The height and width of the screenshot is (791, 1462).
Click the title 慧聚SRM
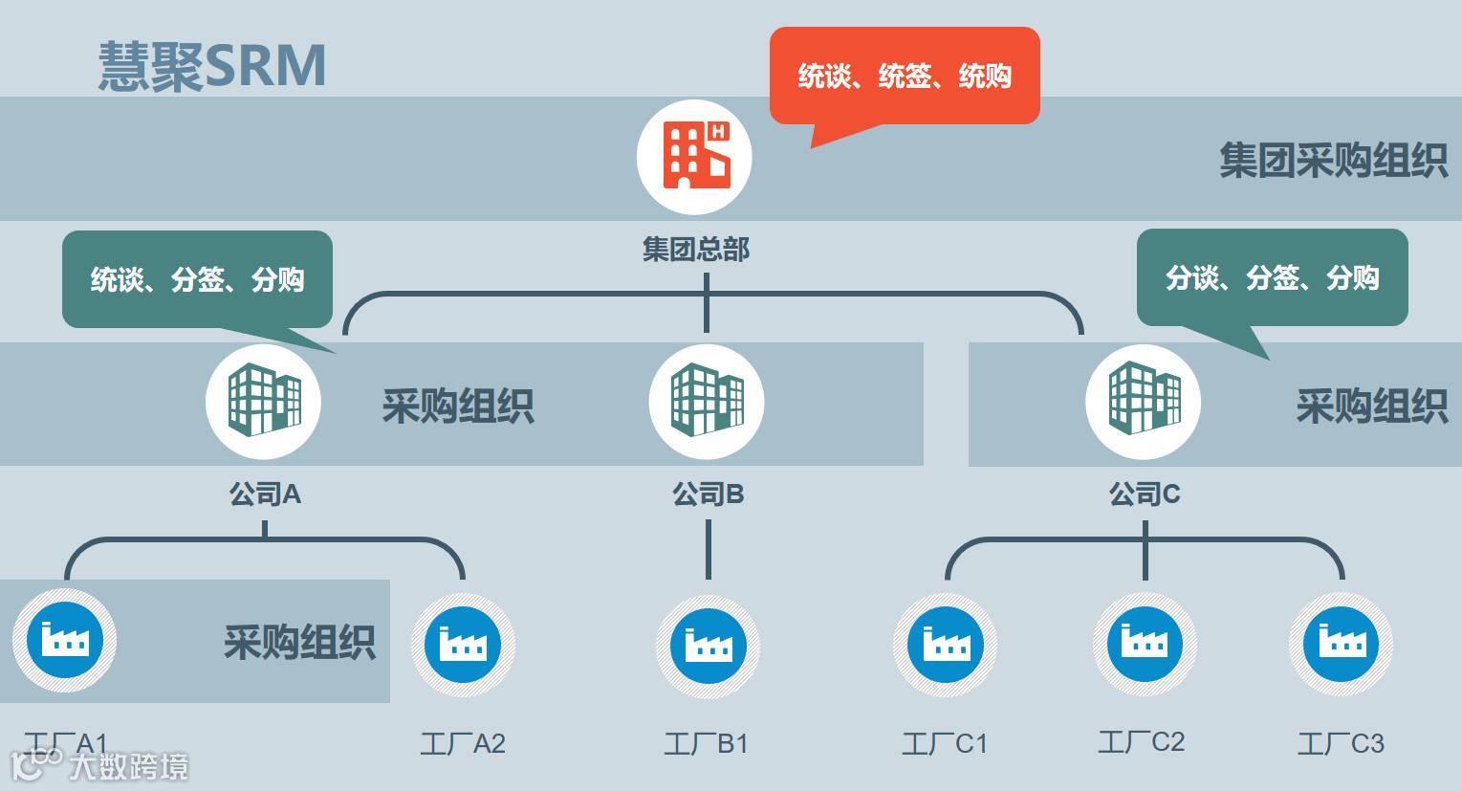pos(212,65)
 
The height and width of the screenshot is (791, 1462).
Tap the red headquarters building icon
pos(694,157)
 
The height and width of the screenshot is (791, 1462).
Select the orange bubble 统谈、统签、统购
pos(904,76)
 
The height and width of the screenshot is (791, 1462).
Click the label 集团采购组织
pos(1333,160)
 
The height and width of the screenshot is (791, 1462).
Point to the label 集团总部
pos(695,250)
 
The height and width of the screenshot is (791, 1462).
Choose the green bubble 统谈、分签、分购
pos(197,279)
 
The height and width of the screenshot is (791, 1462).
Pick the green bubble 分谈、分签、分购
pos(1272,277)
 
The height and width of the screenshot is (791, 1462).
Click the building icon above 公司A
pos(263,402)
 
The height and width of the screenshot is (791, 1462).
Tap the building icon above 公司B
pos(706,402)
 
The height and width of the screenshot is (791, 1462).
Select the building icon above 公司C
pos(1143,402)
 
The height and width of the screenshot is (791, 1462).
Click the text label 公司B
pos(708,494)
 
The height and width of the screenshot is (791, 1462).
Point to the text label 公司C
pos(1144,494)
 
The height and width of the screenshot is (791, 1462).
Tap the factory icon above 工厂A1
pos(64,638)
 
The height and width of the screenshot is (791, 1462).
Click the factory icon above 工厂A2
pos(463,642)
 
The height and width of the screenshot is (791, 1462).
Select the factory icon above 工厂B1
pos(708,642)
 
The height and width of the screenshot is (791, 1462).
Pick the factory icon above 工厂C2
pos(1144,641)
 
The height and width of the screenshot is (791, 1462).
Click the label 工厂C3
pos(1340,743)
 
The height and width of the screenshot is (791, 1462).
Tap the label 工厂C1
pos(944,743)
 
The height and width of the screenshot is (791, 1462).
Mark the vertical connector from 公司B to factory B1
pos(708,549)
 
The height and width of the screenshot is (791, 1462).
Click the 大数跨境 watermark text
pos(128,766)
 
